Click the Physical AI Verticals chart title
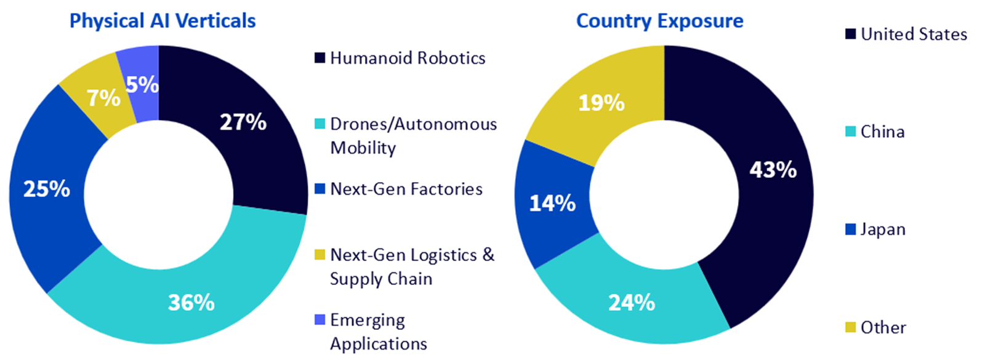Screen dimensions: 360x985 [163, 21]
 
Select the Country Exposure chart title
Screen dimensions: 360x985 [659, 21]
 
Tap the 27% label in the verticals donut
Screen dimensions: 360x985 [243, 122]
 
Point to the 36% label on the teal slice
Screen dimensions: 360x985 [191, 303]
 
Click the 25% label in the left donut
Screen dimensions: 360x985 [47, 189]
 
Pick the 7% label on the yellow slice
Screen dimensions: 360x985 [103, 98]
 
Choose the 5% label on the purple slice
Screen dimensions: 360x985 [142, 85]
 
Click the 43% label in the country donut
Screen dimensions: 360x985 [773, 170]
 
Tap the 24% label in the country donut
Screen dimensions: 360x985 [632, 303]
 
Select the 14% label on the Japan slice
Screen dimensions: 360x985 [553, 203]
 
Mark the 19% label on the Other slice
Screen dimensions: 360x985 [601, 103]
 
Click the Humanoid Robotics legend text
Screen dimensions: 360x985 [408, 58]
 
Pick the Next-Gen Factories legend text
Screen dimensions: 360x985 [406, 189]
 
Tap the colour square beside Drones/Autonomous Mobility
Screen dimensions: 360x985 [320, 124]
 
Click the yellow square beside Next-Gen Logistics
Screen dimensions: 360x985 [320, 255]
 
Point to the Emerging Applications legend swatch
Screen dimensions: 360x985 [320, 320]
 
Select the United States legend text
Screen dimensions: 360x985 [914, 34]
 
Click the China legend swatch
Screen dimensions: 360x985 [850, 132]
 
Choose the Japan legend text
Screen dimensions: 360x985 [883, 230]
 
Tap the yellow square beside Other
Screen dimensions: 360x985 [850, 327]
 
